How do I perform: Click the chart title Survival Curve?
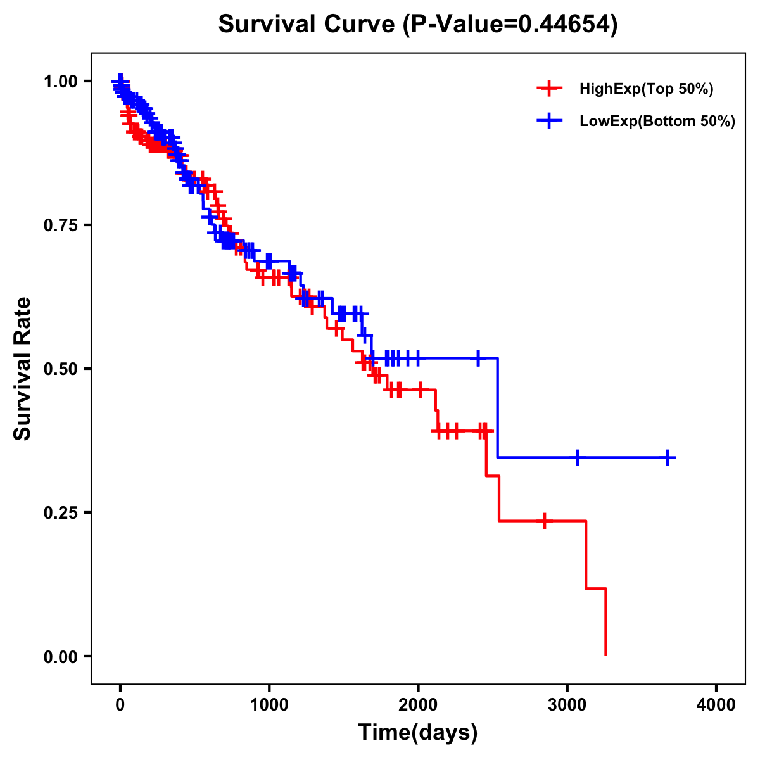coord(417,25)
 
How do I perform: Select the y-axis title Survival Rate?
coord(23,369)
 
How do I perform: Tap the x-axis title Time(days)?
coord(417,732)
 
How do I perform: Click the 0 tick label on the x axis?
coord(120,704)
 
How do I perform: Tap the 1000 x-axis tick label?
coord(269,704)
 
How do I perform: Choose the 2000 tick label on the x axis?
coord(418,704)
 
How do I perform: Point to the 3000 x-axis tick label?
coord(567,704)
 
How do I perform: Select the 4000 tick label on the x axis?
coord(716,704)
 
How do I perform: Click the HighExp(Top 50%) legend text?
coord(646,89)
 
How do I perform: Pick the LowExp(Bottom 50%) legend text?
coord(657,122)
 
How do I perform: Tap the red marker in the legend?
coord(549,89)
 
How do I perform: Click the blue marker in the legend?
coord(549,121)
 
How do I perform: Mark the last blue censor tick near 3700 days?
coord(668,457)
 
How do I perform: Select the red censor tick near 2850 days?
coord(544,521)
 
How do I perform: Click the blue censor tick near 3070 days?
coord(578,457)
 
